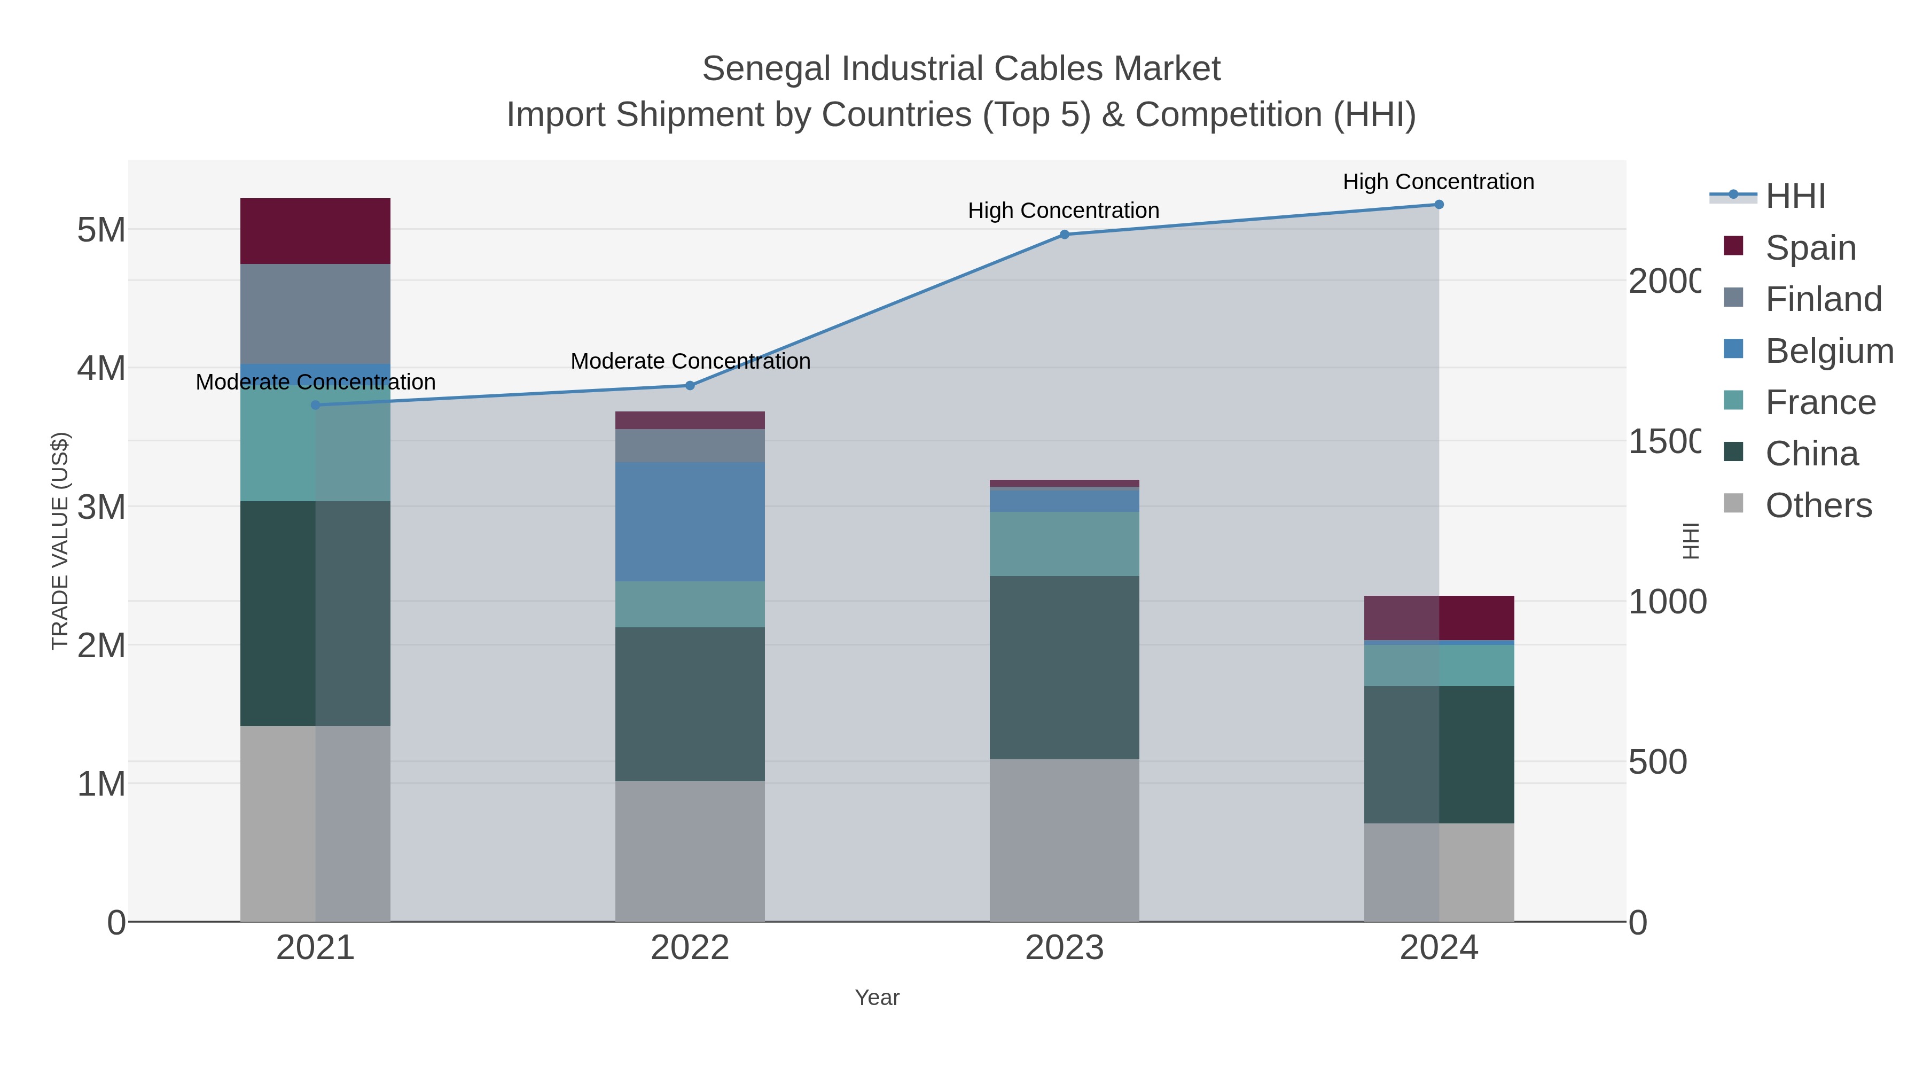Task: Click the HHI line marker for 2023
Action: (1065, 235)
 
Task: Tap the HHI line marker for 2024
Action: (1439, 205)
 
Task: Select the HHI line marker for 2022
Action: (690, 385)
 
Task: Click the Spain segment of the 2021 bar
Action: (315, 231)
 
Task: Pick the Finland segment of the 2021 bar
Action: (315, 314)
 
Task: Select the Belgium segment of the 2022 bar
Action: (690, 521)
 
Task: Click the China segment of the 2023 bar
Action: (1065, 667)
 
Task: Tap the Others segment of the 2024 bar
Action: (1439, 871)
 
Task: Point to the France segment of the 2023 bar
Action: (1065, 543)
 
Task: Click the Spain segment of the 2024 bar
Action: (1439, 618)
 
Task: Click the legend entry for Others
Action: (1818, 505)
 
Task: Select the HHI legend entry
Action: (1795, 196)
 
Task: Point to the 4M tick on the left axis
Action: (101, 368)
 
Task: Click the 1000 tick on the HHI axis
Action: (1666, 602)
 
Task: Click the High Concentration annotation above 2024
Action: (1438, 182)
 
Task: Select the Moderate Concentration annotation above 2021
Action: (315, 382)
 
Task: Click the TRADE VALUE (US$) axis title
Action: (60, 541)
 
